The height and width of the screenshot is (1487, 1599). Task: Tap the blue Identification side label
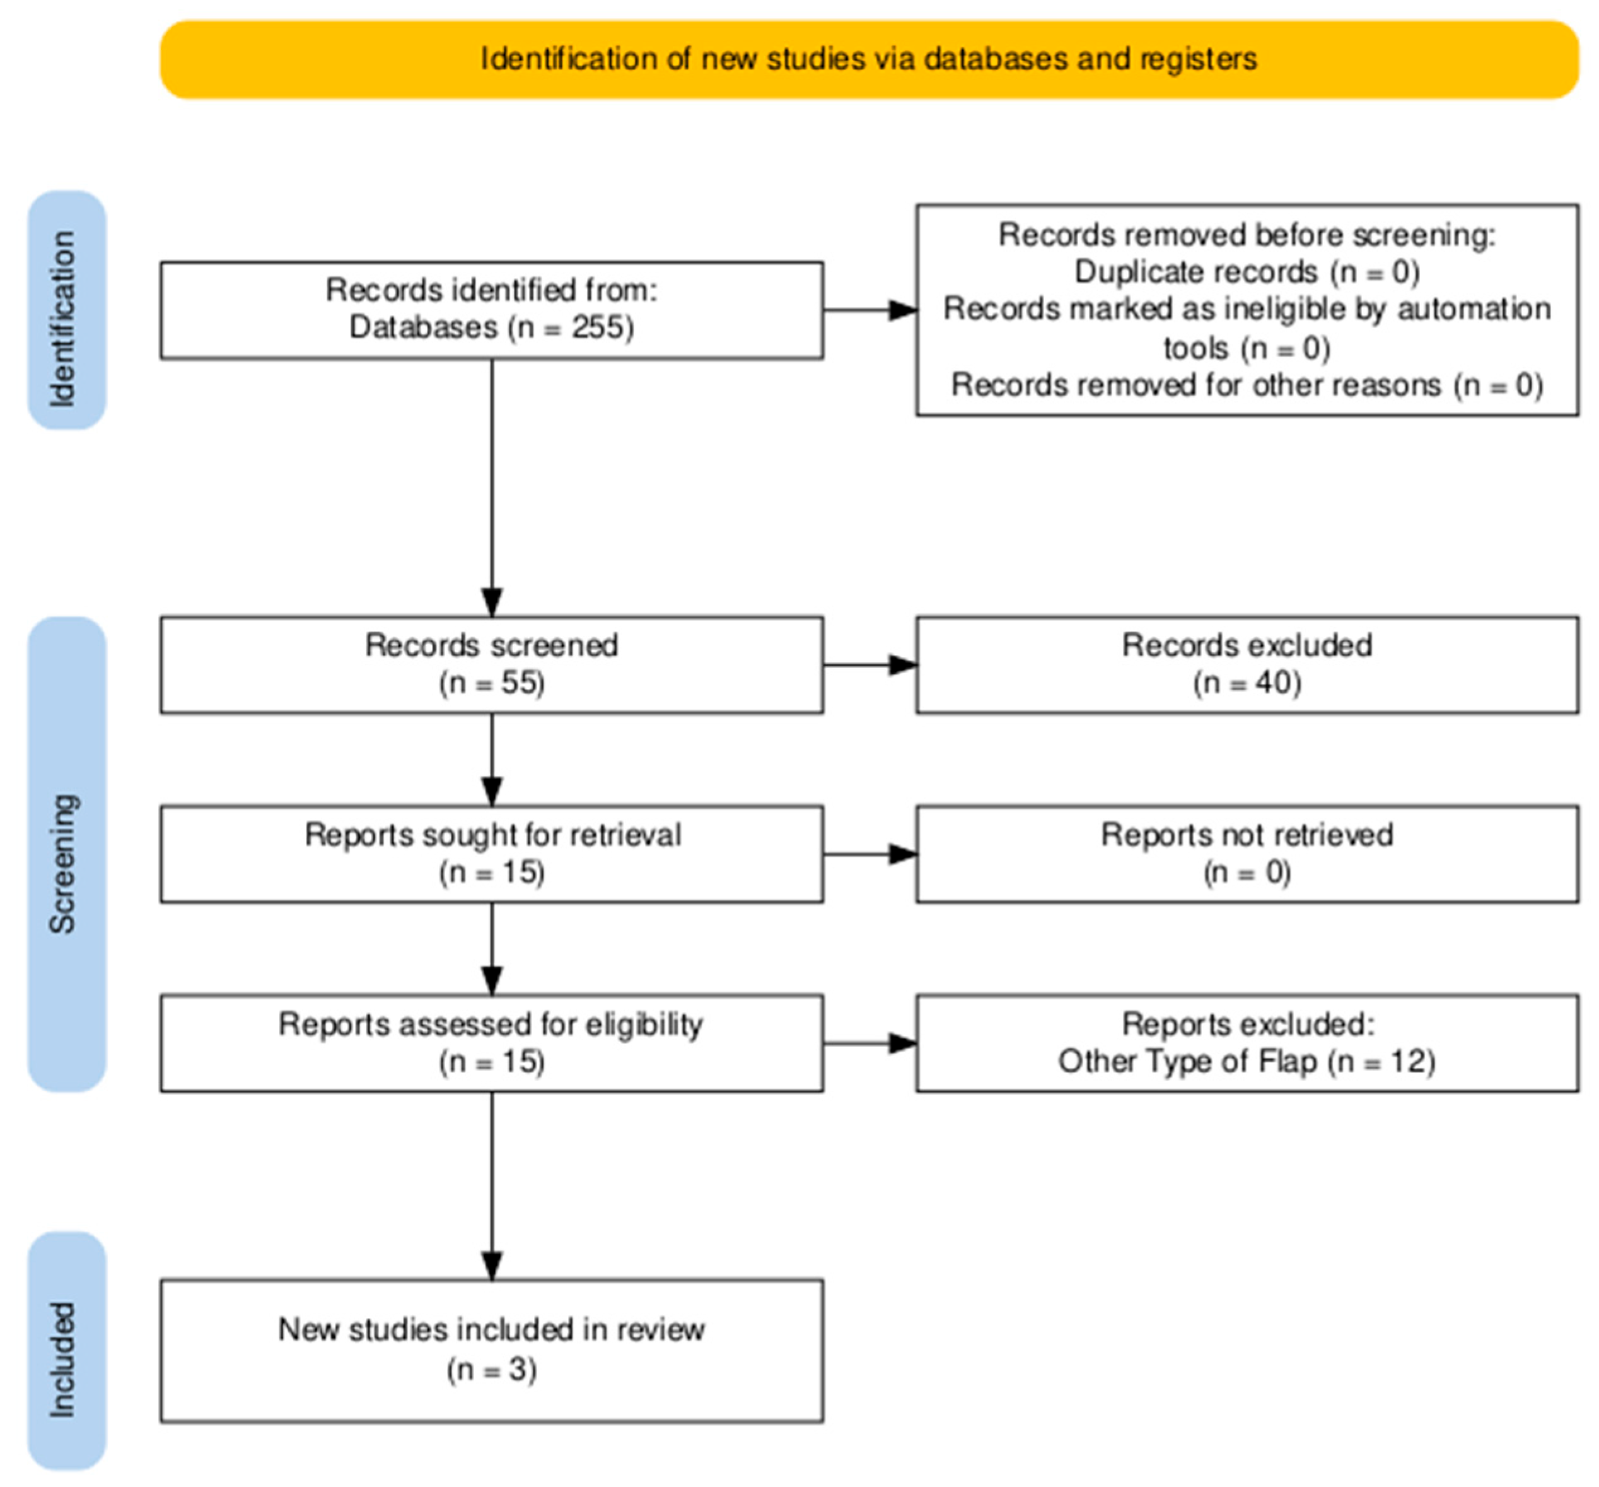(x=64, y=319)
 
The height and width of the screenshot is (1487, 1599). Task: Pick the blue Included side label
(x=64, y=1359)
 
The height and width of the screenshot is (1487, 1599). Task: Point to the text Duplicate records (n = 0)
(x=1246, y=272)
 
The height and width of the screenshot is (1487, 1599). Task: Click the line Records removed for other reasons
(x=1246, y=385)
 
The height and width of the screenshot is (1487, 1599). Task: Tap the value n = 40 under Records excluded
(x=1246, y=683)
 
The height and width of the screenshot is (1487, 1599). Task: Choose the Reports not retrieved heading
(x=1246, y=835)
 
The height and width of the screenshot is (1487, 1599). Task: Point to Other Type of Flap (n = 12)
(x=1246, y=1062)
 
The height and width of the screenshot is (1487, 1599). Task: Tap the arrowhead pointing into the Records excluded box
(x=902, y=666)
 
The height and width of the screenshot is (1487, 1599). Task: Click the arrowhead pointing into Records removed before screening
(x=902, y=310)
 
